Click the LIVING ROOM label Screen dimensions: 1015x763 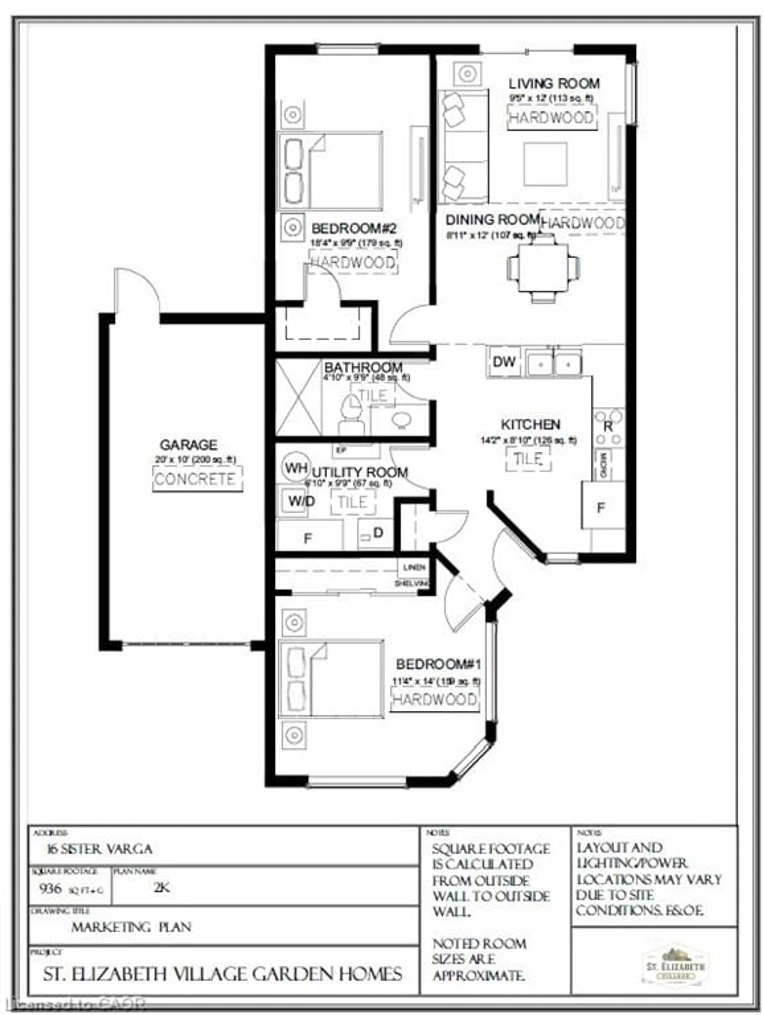554,84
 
